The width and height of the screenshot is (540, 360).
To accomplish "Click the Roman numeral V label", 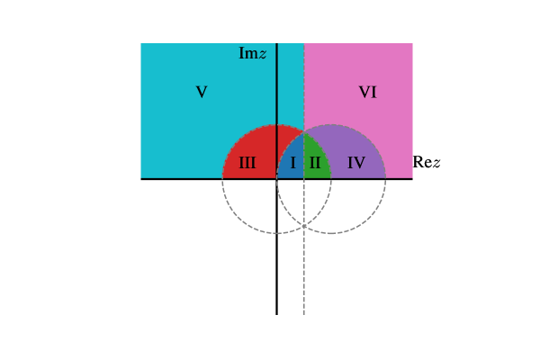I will pyautogui.click(x=202, y=92).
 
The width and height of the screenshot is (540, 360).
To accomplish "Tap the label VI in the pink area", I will pyautogui.click(x=367, y=92).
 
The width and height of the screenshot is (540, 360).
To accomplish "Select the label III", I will pyautogui.click(x=247, y=163).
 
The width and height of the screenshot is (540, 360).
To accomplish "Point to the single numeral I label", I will pyautogui.click(x=292, y=163).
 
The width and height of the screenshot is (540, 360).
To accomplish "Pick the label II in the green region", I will pyautogui.click(x=315, y=163).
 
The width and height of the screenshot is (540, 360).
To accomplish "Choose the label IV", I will pyautogui.click(x=356, y=163).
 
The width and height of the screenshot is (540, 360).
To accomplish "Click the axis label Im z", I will pyautogui.click(x=252, y=53).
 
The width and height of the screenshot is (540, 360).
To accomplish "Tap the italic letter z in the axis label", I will pyautogui.click(x=262, y=54).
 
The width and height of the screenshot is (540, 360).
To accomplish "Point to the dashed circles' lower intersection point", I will pyautogui.click(x=304, y=225).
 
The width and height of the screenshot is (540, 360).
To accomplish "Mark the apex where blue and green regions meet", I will pyautogui.click(x=304, y=131).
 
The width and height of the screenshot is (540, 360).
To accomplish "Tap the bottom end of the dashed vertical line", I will pyautogui.click(x=304, y=314).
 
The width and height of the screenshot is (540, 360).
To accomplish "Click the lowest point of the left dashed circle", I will pyautogui.click(x=277, y=233).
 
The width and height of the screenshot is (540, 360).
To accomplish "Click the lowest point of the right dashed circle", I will pyautogui.click(x=331, y=233).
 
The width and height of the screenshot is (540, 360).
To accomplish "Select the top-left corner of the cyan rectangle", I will pyautogui.click(x=140, y=43).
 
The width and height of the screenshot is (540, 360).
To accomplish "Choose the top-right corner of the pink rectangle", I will pyautogui.click(x=412, y=43).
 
